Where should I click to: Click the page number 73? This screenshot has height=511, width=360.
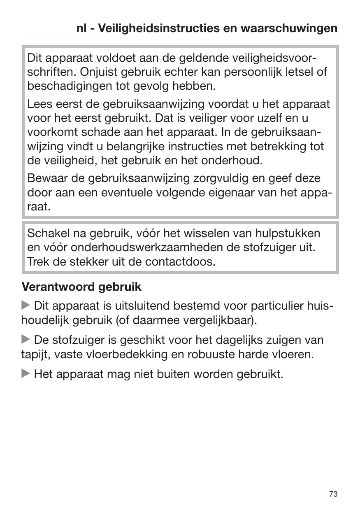point(333,494)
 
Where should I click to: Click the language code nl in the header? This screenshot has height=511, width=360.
point(81,29)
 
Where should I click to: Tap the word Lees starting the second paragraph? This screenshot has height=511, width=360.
point(39,104)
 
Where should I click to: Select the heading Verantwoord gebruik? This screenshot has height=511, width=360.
point(81,287)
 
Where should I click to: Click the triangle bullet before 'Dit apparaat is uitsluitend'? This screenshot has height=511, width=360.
point(26,306)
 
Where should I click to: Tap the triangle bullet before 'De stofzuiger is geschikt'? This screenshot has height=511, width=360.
point(26,340)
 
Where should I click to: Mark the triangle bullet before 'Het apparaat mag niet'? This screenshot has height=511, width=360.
point(26,374)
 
